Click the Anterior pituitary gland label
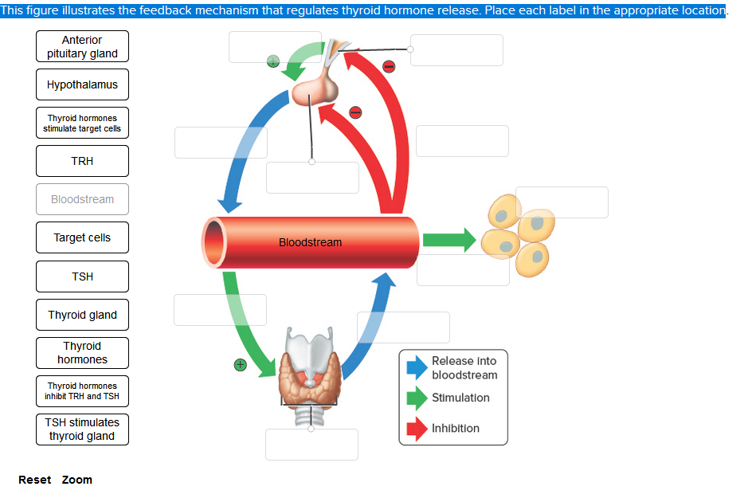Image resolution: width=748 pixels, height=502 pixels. click(x=82, y=47)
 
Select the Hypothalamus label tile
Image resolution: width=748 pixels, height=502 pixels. click(x=82, y=84)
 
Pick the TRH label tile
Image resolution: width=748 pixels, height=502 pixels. click(x=82, y=161)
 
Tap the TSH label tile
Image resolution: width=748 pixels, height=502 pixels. click(x=82, y=276)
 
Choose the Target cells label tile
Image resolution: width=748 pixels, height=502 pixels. click(x=82, y=237)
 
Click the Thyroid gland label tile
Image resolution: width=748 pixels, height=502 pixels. click(x=82, y=315)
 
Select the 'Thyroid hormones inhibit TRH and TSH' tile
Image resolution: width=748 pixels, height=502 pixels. click(x=82, y=391)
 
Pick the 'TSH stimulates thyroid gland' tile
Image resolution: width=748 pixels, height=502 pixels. click(x=82, y=429)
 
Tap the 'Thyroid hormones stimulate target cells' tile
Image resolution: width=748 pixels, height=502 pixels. click(x=82, y=124)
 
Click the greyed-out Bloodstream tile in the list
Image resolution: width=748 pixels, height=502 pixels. click(x=82, y=199)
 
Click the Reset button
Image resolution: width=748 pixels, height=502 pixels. click(x=34, y=480)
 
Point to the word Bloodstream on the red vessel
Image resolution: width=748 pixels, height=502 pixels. click(x=311, y=242)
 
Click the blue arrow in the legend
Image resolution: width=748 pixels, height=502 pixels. click(x=417, y=367)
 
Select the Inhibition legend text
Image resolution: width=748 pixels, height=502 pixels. click(x=456, y=428)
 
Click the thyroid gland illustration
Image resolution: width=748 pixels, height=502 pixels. click(x=311, y=371)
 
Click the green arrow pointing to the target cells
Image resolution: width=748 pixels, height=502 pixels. click(x=448, y=240)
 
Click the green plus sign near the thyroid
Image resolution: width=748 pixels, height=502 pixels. click(x=240, y=365)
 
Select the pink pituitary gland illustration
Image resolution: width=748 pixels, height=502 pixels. click(x=315, y=90)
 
